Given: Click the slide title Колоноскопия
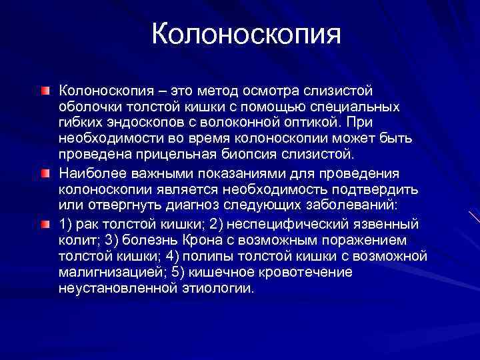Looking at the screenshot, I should click(x=246, y=34).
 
